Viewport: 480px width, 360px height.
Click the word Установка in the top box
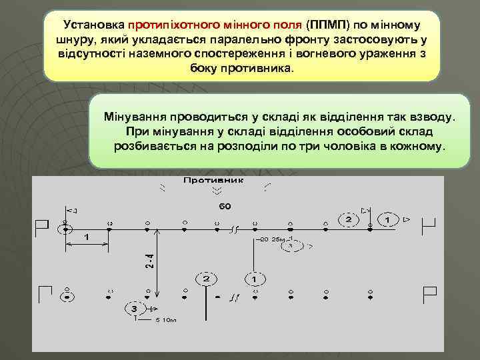(93, 25)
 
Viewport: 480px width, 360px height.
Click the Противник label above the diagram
(213, 181)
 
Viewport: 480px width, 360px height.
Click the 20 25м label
(273, 238)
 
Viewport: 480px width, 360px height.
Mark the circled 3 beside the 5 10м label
(134, 309)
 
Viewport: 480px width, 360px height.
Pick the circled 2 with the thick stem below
(206, 277)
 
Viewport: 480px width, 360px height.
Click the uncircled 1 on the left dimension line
(87, 237)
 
